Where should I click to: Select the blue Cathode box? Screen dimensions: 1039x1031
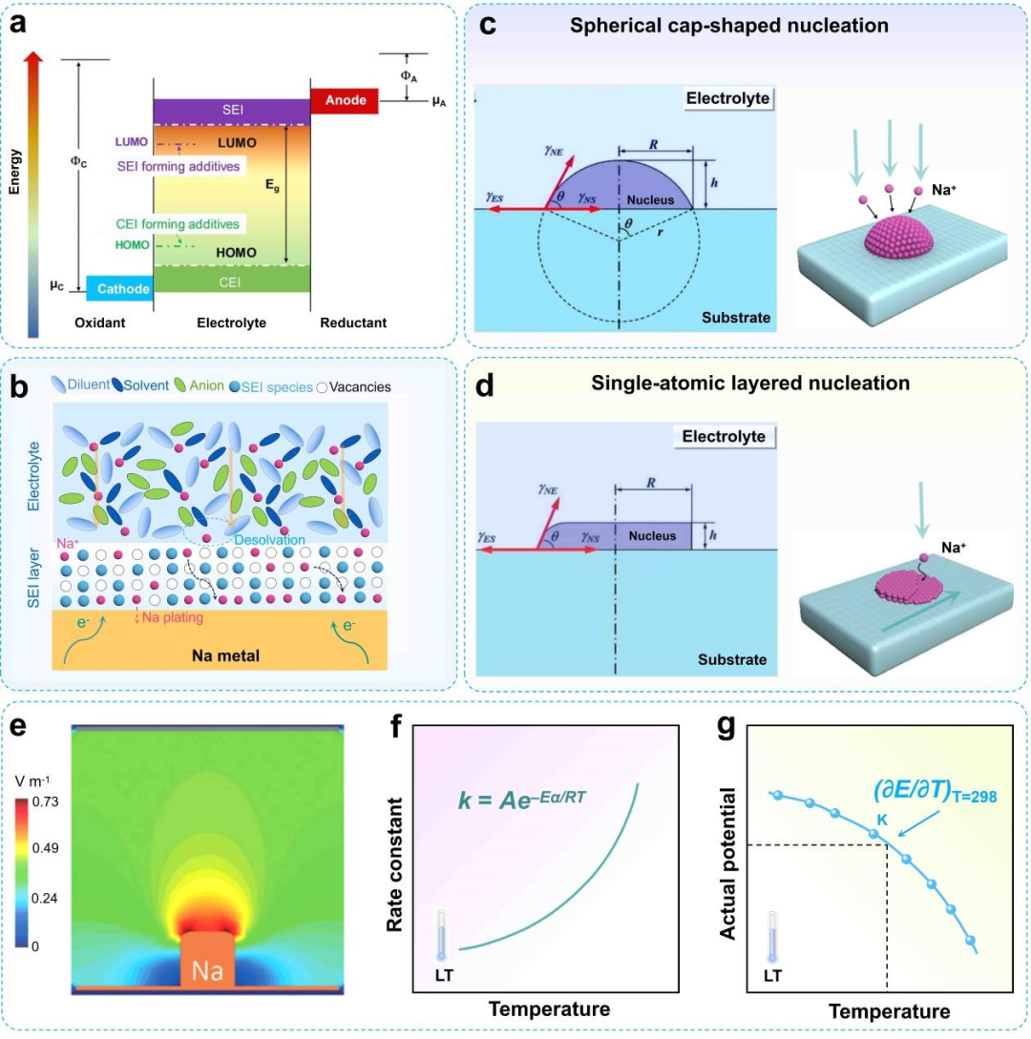point(119,288)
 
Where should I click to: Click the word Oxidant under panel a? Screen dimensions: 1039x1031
point(99,323)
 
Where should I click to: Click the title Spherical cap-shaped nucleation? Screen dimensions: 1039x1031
point(728,26)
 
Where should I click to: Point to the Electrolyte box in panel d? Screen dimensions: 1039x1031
point(726,437)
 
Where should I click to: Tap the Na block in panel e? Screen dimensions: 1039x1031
point(207,970)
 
